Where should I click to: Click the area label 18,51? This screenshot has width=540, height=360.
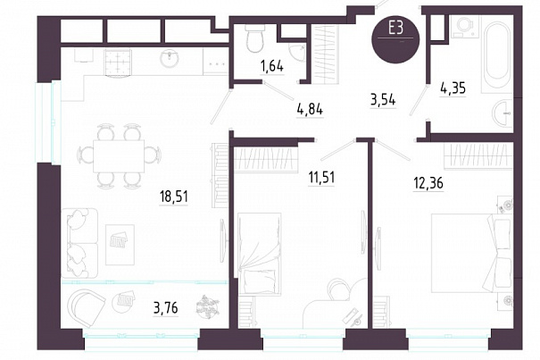(173, 197)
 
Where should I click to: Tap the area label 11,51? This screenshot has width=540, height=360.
(321, 178)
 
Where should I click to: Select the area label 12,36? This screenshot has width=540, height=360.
(428, 183)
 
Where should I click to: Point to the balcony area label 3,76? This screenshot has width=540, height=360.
(166, 307)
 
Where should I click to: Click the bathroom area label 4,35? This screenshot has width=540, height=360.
(453, 88)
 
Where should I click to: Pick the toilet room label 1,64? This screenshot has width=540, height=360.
(272, 66)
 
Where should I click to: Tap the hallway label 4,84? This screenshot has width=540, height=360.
(310, 110)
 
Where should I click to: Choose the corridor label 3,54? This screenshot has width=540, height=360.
(383, 100)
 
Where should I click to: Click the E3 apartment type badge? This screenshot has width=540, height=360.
(395, 40)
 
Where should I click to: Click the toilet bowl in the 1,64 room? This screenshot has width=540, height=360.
(255, 38)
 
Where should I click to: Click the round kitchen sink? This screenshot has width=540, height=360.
(170, 59)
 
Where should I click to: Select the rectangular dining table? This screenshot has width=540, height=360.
(119, 156)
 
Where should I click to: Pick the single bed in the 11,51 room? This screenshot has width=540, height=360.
(260, 253)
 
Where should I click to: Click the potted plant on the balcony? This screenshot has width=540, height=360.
(207, 306)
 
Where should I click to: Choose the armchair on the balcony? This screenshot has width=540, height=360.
(86, 307)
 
